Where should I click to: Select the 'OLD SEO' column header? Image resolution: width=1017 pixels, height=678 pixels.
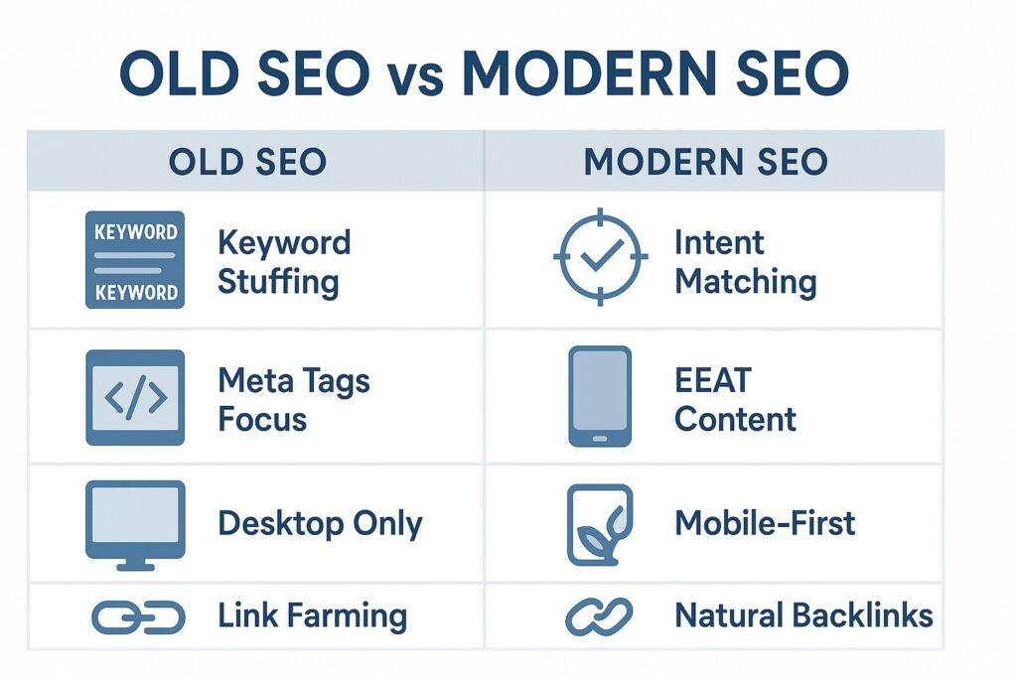coord(247,162)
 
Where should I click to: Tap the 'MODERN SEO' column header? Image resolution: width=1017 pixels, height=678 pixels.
coord(706,162)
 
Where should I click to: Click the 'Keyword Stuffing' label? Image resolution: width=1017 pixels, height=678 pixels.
coord(284,262)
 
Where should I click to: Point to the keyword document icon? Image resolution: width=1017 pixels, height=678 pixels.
coord(135,260)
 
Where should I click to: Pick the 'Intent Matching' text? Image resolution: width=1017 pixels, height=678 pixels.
coord(745,262)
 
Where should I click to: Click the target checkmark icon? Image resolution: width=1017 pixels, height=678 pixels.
coord(599,258)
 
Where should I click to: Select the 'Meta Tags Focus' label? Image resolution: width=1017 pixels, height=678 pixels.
coord(294,398)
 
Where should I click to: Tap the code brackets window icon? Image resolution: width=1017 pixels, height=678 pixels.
coord(135,397)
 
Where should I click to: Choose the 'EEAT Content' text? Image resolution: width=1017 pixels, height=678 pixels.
coord(735,398)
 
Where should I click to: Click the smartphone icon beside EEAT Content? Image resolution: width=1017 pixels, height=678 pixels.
coord(599,396)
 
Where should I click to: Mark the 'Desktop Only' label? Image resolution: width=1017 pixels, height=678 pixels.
coord(320,523)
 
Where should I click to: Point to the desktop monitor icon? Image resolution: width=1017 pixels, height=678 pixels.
coord(135,524)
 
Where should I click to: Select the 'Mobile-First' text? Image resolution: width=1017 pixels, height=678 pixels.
coord(765,523)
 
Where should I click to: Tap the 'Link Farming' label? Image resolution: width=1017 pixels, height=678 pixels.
coord(312,616)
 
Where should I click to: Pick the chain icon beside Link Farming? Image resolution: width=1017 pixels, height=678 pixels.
coord(137,617)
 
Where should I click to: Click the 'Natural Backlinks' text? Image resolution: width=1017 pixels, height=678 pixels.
coord(803,616)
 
